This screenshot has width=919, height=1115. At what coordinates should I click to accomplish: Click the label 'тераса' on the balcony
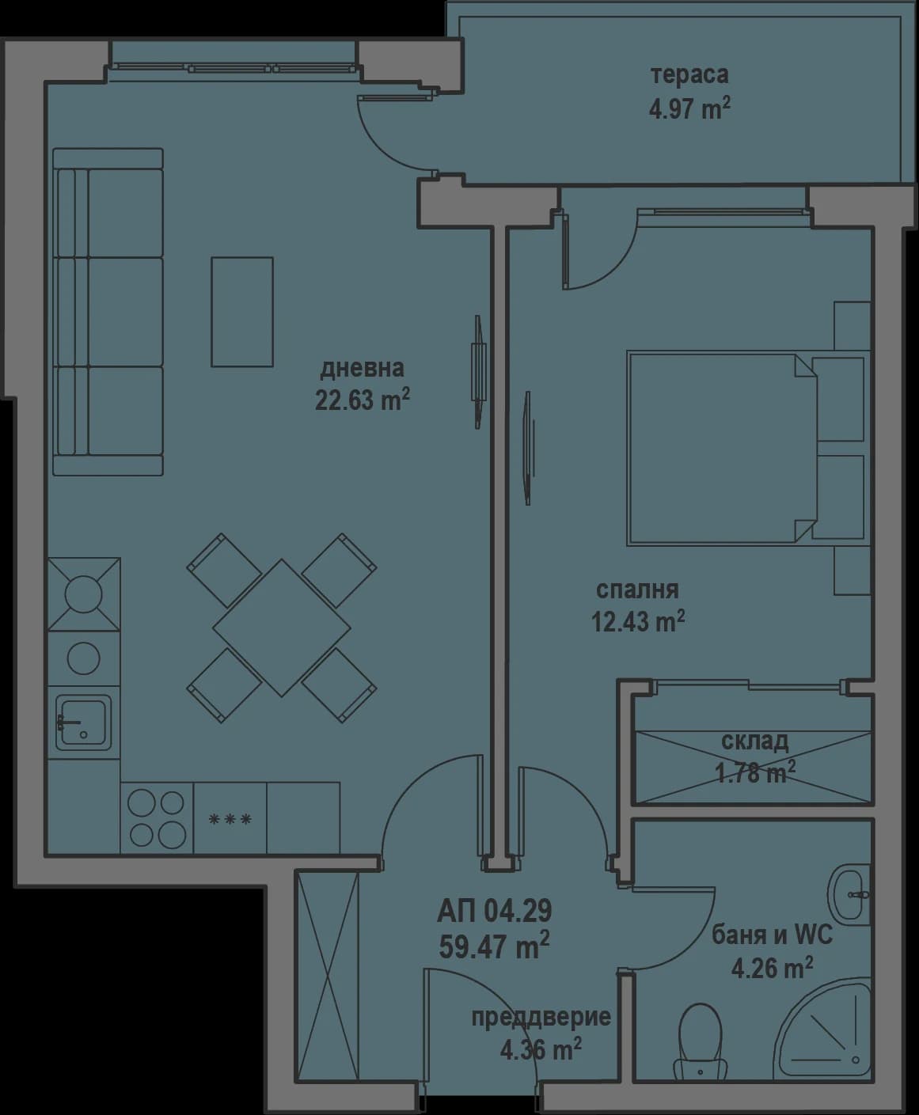pyautogui.click(x=689, y=76)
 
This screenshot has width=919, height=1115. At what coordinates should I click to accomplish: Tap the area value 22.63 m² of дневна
pyautogui.click(x=362, y=400)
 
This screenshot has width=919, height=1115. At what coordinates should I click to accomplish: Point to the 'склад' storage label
pyautogui.click(x=754, y=741)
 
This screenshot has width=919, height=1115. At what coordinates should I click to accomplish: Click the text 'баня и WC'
pyautogui.click(x=772, y=935)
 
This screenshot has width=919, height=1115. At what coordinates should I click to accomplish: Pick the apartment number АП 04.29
pyautogui.click(x=494, y=912)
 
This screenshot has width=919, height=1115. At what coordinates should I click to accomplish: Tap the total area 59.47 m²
pyautogui.click(x=494, y=945)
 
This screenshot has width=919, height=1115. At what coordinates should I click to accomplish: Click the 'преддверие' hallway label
pyautogui.click(x=541, y=1017)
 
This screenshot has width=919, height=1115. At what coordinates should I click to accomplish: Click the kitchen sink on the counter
pyautogui.click(x=82, y=722)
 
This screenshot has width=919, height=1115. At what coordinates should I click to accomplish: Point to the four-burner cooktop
pyautogui.click(x=157, y=818)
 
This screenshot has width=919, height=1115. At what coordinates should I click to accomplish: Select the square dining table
pyautogui.click(x=281, y=628)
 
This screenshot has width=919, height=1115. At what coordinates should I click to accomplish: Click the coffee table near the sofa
pyautogui.click(x=241, y=311)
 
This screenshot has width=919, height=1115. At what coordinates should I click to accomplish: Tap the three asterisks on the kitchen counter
pyautogui.click(x=230, y=819)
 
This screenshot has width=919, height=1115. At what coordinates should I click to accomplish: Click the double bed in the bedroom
pyautogui.click(x=720, y=449)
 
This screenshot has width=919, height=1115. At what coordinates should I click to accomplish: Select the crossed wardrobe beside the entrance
pyautogui.click(x=327, y=973)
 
